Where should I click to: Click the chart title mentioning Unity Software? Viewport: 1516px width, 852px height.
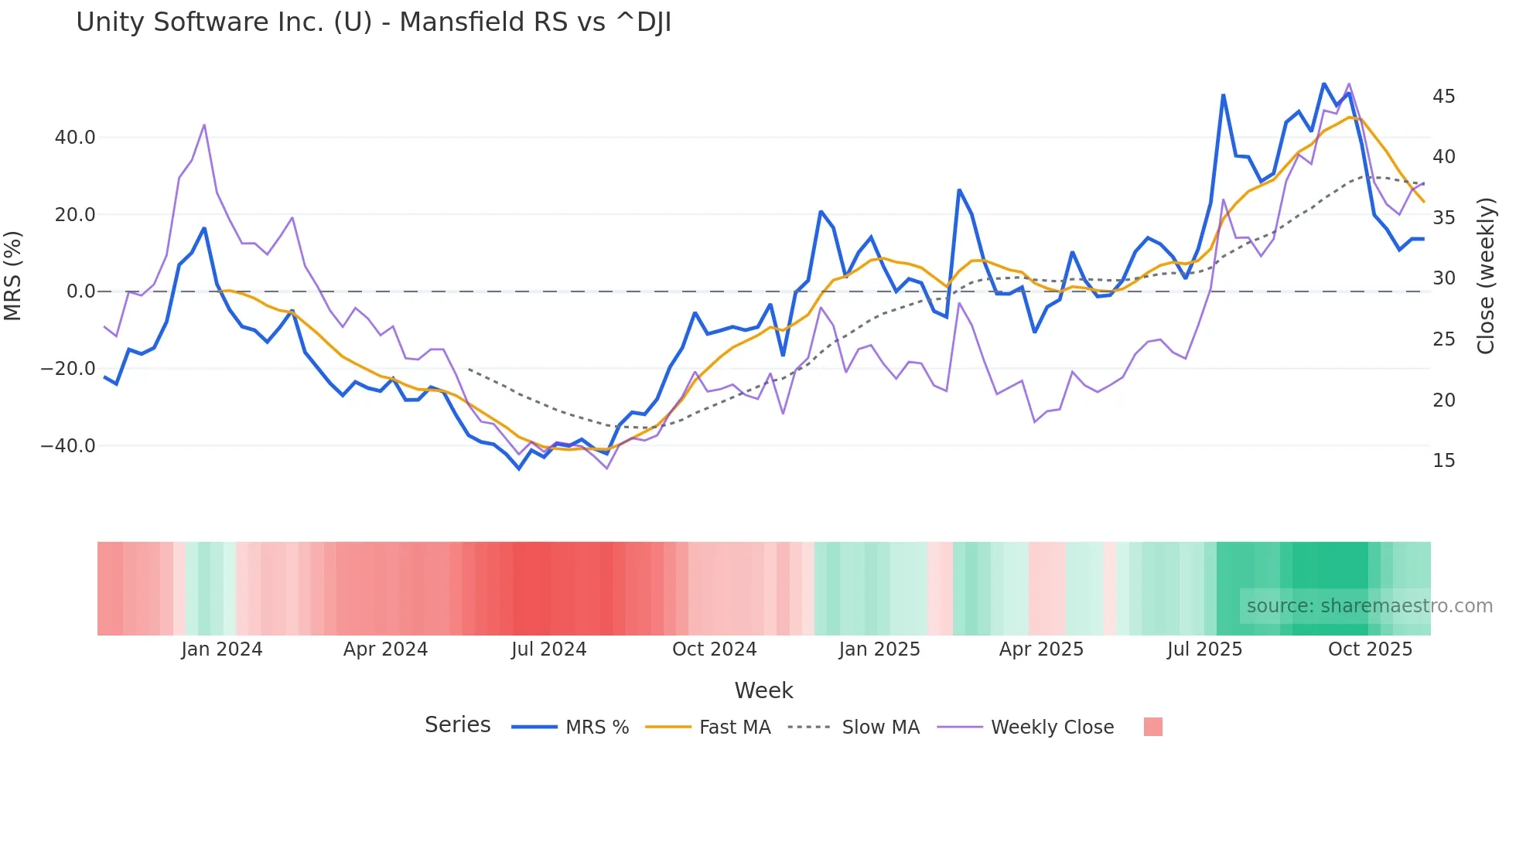tap(374, 22)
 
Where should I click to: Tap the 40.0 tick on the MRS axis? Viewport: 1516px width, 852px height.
tap(75, 138)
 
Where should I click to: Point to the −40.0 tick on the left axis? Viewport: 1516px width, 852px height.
tap(68, 446)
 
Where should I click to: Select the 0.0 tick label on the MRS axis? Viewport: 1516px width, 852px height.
tap(80, 291)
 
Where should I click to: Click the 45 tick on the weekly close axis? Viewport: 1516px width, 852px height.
tap(1443, 97)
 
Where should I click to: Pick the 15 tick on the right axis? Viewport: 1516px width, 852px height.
tap(1443, 461)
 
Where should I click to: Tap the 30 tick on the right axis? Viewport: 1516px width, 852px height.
tap(1443, 278)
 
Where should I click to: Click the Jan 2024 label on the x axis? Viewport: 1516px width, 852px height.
tap(222, 649)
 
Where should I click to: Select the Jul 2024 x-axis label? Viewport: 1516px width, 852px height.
tap(549, 649)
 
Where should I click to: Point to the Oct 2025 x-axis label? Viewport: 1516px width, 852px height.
tap(1370, 649)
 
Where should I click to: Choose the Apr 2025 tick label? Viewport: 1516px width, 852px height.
tap(1041, 649)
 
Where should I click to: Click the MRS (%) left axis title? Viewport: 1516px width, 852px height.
tap(13, 275)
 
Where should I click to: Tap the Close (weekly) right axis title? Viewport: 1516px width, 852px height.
tap(1486, 276)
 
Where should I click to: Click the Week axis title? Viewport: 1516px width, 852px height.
tap(763, 690)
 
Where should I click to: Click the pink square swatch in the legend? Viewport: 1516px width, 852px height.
tap(1152, 727)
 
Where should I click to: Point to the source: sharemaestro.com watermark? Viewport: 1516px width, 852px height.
tap(1369, 606)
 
